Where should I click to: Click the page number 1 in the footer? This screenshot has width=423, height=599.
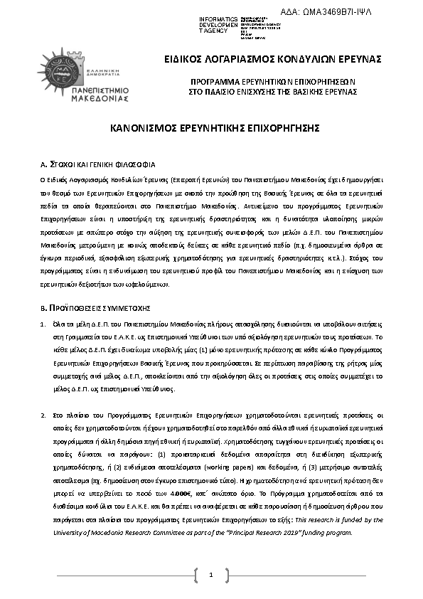click(211, 574)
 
